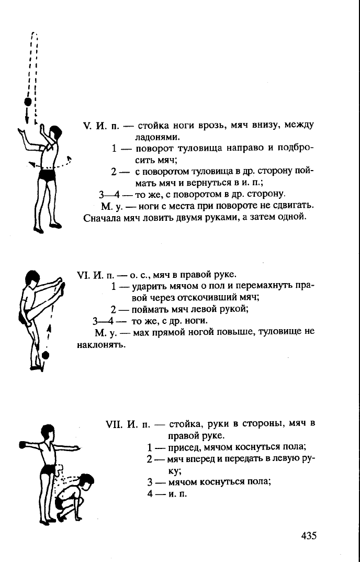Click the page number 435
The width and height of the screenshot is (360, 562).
[x=309, y=536]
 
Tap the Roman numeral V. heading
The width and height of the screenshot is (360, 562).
[x=88, y=126]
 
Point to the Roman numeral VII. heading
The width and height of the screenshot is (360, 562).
[x=114, y=424]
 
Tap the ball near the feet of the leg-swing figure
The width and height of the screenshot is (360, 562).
[x=45, y=355]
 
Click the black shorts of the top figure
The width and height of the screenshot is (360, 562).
[x=47, y=175]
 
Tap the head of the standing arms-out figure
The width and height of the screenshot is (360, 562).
[x=48, y=432]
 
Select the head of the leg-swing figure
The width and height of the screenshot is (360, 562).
[x=33, y=278]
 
